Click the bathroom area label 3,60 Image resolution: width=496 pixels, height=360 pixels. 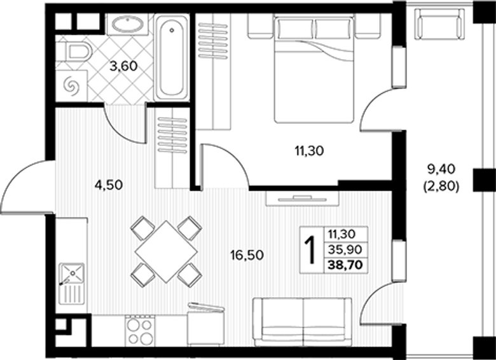click(x=123, y=67)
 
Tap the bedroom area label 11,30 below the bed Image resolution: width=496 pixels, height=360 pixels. click(x=310, y=151)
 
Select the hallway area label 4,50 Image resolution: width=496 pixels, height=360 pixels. click(x=109, y=185)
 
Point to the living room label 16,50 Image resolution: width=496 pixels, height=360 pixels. click(x=247, y=254)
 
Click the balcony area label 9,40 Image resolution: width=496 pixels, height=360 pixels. click(x=441, y=170)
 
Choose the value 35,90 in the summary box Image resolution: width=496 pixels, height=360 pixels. click(x=345, y=250)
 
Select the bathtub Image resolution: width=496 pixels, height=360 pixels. click(x=171, y=57)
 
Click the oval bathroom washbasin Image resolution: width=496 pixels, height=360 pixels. click(x=127, y=24)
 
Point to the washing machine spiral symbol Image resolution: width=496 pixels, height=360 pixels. click(x=71, y=86)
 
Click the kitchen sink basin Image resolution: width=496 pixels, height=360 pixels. click(x=72, y=273)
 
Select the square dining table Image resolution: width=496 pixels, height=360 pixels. click(x=166, y=251)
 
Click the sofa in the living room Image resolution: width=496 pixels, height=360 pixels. click(x=303, y=322)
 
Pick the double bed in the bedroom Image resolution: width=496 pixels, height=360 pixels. click(x=313, y=69)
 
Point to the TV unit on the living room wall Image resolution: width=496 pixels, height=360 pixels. click(x=302, y=198)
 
